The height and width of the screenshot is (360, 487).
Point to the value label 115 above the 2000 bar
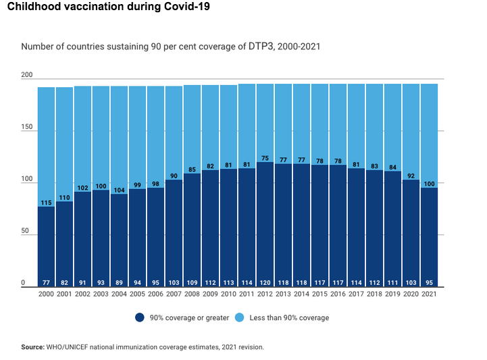click(x=46, y=203)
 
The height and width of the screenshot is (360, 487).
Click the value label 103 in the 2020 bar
click(x=411, y=282)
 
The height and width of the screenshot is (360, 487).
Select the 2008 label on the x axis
click(x=193, y=295)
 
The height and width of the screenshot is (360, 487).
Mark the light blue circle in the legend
click(x=247, y=317)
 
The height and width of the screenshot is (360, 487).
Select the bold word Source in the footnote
click(x=32, y=346)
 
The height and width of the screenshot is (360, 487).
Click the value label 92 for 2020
click(x=411, y=176)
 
